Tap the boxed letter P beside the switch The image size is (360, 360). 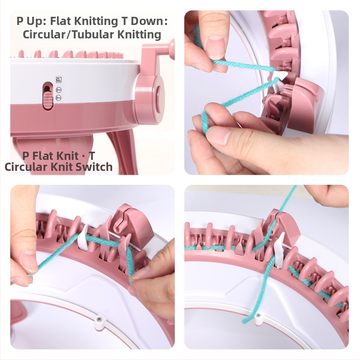(x=59, y=80)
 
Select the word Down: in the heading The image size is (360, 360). (x=149, y=21)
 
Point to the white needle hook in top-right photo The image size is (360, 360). (x=278, y=76)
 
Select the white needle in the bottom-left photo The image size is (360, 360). (x=83, y=238)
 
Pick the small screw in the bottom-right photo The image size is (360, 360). (x=259, y=316)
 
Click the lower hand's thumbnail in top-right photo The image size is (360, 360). (x=220, y=136)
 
